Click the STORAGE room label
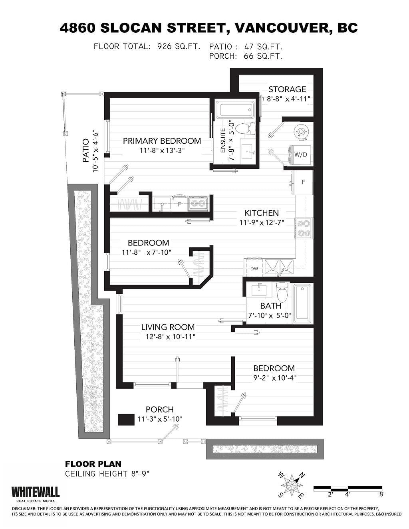[x=287, y=89]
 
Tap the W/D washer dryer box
[x=300, y=154]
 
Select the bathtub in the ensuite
[x=235, y=109]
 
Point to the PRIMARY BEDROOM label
[x=162, y=141]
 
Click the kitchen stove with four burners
[x=304, y=228]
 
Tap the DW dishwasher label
[x=254, y=269]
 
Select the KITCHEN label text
[x=262, y=213]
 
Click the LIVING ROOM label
[x=168, y=327]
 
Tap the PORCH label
[x=159, y=410]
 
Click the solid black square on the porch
[x=126, y=420]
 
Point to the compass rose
[x=292, y=485]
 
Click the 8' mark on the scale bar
[x=382, y=494]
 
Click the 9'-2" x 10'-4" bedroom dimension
[x=275, y=378]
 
